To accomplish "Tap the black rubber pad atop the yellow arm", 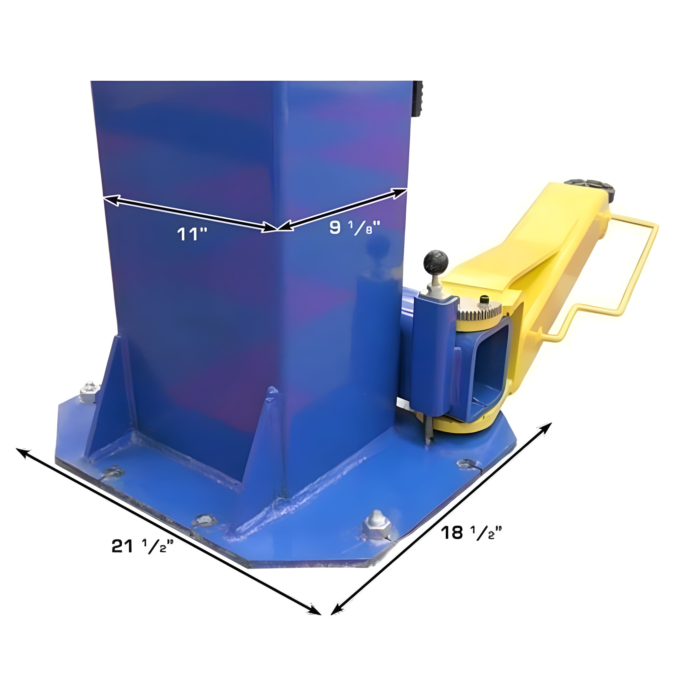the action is click(x=591, y=188).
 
